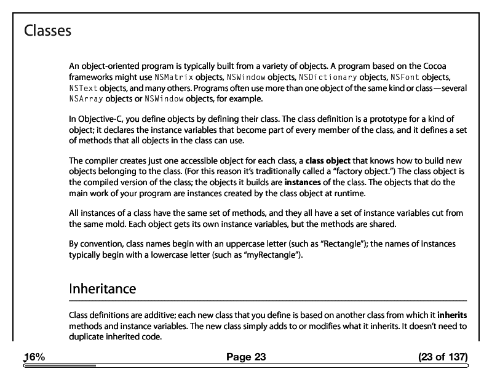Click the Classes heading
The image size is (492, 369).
pyautogui.click(x=47, y=30)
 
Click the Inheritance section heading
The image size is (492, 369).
pyautogui.click(x=102, y=288)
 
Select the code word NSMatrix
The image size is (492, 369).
pyautogui.click(x=174, y=77)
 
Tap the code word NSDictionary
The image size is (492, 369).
pyautogui.click(x=327, y=77)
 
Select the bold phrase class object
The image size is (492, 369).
pyautogui.click(x=328, y=161)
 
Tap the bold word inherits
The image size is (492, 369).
pyautogui.click(x=452, y=315)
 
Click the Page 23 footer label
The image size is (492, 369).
pyautogui.click(x=246, y=357)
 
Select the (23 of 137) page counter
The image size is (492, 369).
pyautogui.click(x=442, y=357)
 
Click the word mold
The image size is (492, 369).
pyautogui.click(x=108, y=224)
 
